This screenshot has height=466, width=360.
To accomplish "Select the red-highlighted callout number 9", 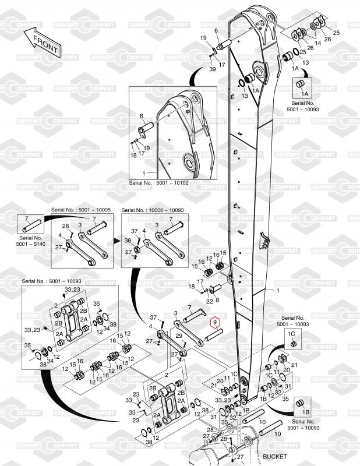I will (214, 322).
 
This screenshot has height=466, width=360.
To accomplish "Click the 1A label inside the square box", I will (303, 93).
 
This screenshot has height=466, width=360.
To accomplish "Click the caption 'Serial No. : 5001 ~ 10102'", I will (159, 183).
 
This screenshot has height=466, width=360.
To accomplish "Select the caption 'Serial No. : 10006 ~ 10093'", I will (153, 210).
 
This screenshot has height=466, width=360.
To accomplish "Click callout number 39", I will (213, 69).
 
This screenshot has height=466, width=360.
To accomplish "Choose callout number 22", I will (209, 301).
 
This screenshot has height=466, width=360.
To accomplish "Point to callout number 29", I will (180, 337).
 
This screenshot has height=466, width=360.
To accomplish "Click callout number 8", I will (217, 301).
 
